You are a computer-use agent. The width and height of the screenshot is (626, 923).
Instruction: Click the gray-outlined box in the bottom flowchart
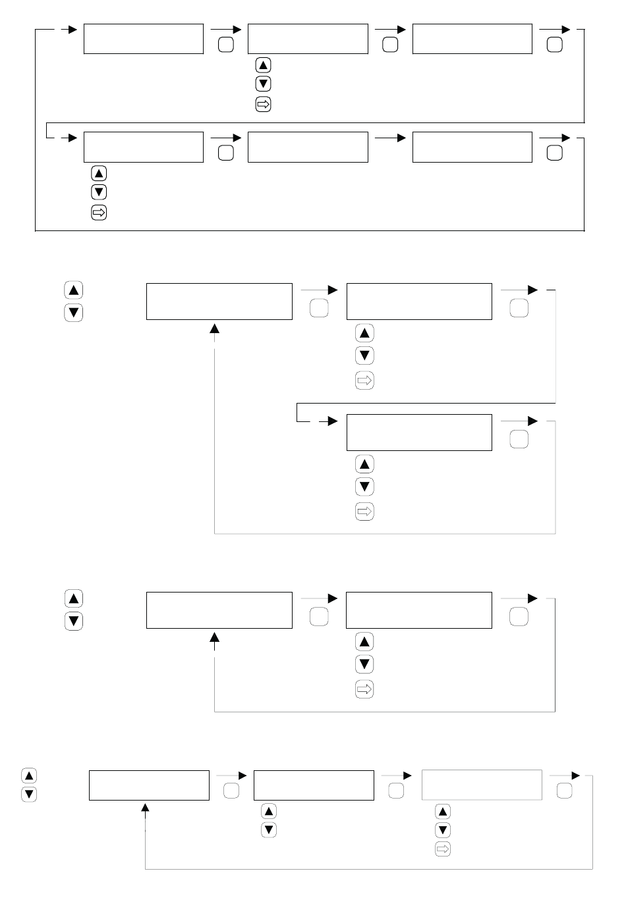click(x=482, y=785)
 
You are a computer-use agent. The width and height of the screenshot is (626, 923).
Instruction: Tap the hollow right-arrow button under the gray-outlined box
click(x=443, y=849)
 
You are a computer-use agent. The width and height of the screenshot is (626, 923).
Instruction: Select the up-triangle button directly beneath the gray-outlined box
click(x=443, y=811)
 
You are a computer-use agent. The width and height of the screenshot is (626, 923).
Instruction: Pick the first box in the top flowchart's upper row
click(x=144, y=39)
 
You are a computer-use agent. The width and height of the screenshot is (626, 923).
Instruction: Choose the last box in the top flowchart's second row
click(x=472, y=147)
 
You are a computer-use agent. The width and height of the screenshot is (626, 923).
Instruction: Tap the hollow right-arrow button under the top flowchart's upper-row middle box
click(x=263, y=104)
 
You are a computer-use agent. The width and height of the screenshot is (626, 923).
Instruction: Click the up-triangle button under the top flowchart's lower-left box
click(x=99, y=174)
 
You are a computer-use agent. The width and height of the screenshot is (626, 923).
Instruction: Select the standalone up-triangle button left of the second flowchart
click(x=74, y=290)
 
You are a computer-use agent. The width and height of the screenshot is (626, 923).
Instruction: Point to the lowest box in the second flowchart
click(x=419, y=433)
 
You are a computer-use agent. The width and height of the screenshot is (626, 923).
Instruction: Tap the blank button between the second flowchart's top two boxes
click(x=319, y=308)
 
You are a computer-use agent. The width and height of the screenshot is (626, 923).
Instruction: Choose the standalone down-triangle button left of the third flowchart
click(x=74, y=621)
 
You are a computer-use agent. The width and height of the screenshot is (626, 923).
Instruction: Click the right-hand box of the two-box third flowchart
click(x=419, y=610)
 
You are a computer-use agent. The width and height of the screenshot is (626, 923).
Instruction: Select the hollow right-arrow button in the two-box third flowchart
click(x=364, y=689)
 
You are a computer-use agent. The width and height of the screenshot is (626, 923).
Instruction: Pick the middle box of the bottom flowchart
click(x=314, y=785)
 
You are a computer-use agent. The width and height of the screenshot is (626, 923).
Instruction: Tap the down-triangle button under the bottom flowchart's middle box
click(x=269, y=830)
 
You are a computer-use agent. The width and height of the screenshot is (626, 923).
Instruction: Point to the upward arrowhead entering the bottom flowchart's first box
click(x=146, y=808)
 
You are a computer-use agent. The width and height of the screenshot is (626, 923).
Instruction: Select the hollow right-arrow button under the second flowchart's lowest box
click(x=364, y=511)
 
